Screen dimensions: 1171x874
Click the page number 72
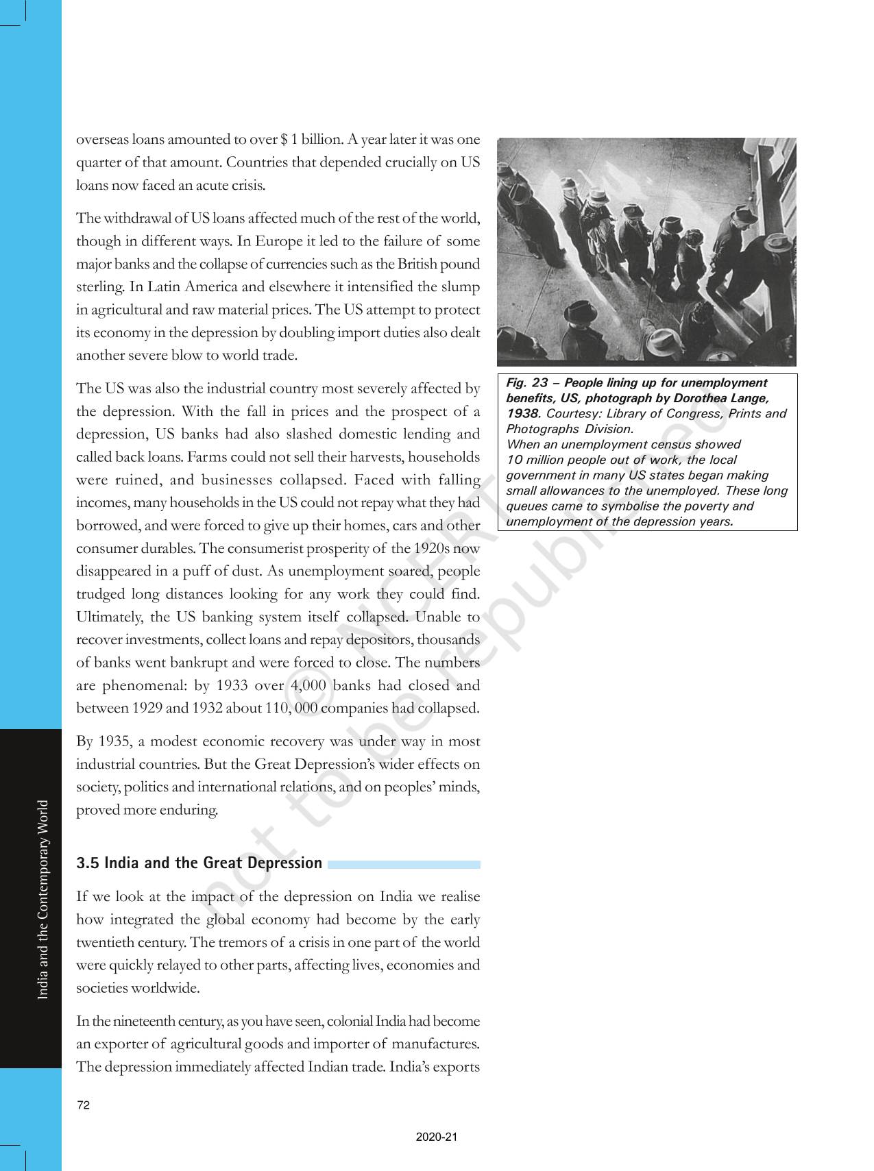point(83,1105)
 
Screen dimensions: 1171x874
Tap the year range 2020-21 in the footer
point(436,1137)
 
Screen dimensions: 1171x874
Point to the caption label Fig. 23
point(528,383)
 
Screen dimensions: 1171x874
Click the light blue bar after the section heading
point(404,865)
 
